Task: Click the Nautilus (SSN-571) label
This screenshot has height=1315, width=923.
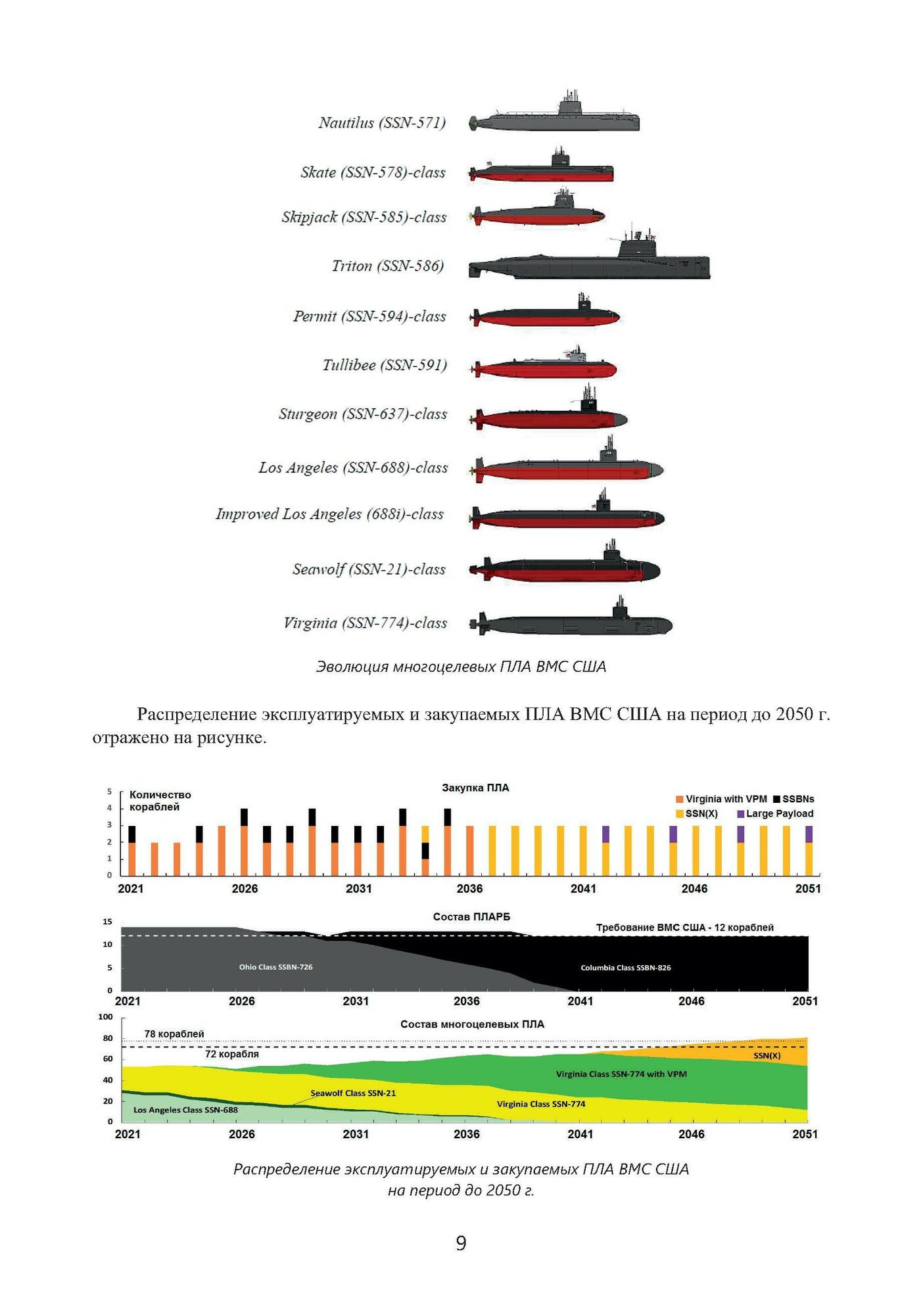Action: pos(382,123)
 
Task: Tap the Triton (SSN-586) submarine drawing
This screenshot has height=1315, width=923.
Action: pos(589,263)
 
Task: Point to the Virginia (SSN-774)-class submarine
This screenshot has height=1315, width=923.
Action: pos(571,623)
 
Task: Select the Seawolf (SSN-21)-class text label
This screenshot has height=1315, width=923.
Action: pos(369,569)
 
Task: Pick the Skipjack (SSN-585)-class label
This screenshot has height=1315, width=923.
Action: pos(364,218)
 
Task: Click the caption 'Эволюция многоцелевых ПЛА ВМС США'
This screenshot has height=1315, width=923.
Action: pos(461,667)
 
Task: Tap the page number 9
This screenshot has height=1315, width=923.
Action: pos(461,1243)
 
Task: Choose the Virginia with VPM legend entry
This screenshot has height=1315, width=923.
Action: pos(721,799)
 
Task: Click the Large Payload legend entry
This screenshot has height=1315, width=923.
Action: pos(776,814)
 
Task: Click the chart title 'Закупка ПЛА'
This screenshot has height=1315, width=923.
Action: pos(475,788)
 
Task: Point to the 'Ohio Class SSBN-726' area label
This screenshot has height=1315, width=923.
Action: pos(275,967)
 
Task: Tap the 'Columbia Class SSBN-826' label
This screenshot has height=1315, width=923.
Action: pos(626,968)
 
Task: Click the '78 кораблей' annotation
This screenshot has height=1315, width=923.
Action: pos(174,1034)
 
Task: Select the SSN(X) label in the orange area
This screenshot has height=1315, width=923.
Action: pos(767,1056)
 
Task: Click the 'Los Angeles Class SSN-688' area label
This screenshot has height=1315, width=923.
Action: pos(185,1111)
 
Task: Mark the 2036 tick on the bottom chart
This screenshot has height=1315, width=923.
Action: pos(466,1134)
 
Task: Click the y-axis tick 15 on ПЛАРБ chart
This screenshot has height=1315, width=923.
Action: pos(107,922)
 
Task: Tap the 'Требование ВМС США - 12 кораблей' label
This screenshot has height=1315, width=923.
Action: pos(684,928)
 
